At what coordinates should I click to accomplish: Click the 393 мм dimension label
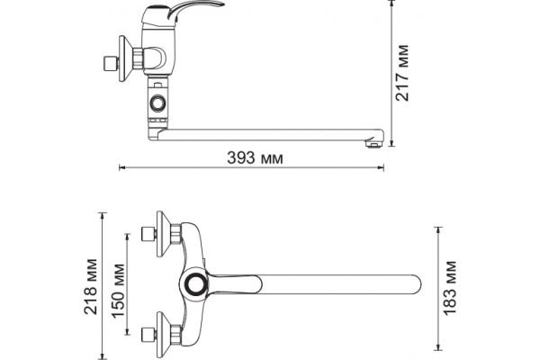[256, 157]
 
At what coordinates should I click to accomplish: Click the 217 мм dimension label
[402, 73]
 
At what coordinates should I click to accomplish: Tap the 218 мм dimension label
[91, 286]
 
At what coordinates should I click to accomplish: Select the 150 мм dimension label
[118, 291]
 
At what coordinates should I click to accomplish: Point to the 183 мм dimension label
[450, 288]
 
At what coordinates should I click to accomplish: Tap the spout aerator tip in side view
[373, 142]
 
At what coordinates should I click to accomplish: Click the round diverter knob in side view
[157, 103]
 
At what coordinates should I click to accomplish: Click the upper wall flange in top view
[164, 234]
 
